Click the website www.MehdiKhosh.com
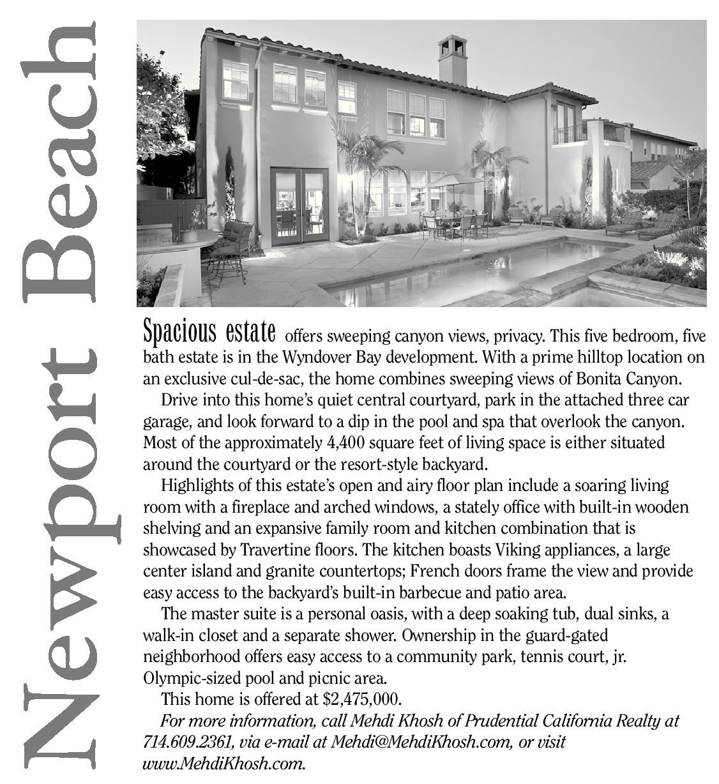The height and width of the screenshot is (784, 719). [x=223, y=763]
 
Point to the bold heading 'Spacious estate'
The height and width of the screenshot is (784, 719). [x=209, y=332]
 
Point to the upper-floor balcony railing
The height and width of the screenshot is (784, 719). [x=569, y=135]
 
